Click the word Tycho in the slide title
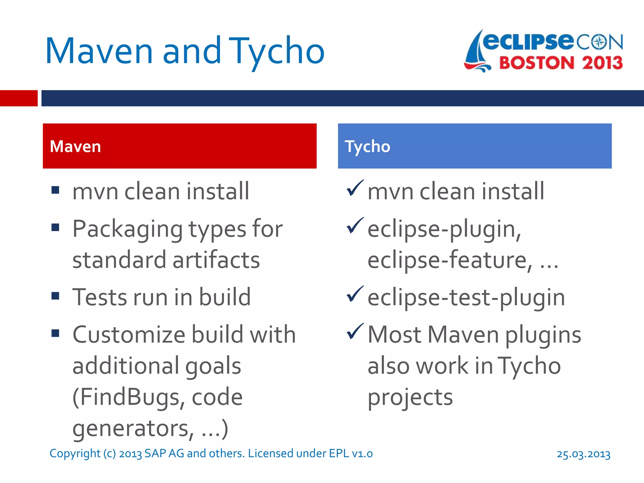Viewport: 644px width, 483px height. coord(277,51)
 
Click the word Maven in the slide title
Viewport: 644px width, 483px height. coord(99,51)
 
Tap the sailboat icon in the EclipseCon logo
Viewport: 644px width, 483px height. coord(476,52)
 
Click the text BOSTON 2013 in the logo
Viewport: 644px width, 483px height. coord(561,63)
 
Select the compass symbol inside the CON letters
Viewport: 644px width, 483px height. coord(600,42)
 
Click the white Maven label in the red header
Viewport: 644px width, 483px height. coord(75,147)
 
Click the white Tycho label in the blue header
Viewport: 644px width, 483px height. coord(368,147)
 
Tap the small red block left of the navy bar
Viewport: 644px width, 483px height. coord(19,98)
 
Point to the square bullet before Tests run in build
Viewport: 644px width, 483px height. coord(55,296)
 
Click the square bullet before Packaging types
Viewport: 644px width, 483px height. coord(55,227)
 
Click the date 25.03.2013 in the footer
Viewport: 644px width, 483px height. coord(583,454)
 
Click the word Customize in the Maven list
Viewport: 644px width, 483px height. coord(129,335)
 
